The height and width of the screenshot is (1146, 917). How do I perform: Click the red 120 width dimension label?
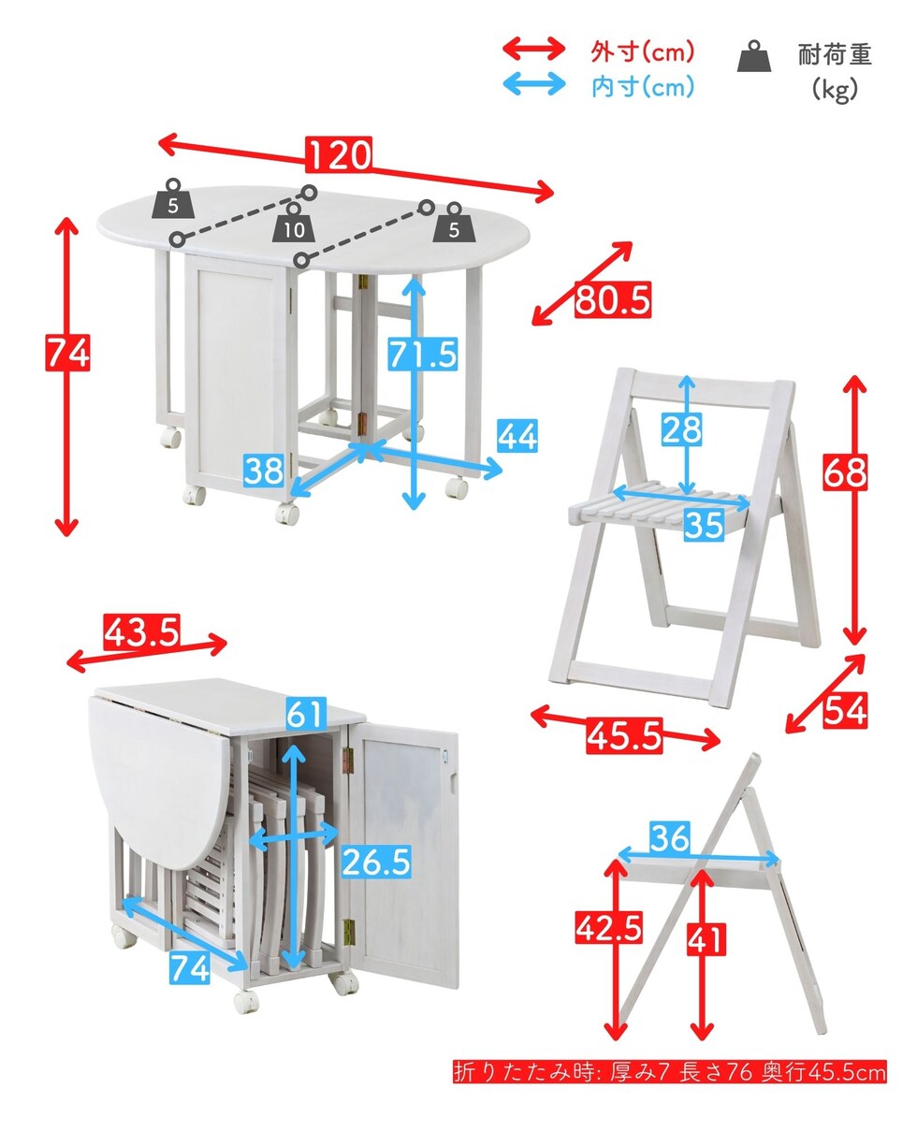point(339,155)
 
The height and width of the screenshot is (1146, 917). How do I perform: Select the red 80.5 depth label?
point(613,299)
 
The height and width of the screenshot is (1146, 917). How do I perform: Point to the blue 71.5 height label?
point(423,355)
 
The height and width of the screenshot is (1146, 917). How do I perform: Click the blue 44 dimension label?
point(517,435)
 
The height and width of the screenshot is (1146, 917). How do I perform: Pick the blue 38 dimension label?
point(263,471)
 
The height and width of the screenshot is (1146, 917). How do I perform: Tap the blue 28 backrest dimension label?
point(681,428)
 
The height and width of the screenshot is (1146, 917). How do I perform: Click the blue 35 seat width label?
point(704,525)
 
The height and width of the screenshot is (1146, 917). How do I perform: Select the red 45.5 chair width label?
point(624,735)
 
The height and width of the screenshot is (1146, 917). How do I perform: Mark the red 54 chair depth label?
point(846,710)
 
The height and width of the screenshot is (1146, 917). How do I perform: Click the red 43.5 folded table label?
point(141,632)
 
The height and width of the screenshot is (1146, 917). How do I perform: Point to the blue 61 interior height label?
point(306,714)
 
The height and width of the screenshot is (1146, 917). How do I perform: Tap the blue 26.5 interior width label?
point(375,863)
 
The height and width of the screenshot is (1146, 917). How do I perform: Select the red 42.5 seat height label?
point(609,928)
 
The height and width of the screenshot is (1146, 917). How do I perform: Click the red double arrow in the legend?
point(533,49)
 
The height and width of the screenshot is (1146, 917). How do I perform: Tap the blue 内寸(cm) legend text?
point(643,87)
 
